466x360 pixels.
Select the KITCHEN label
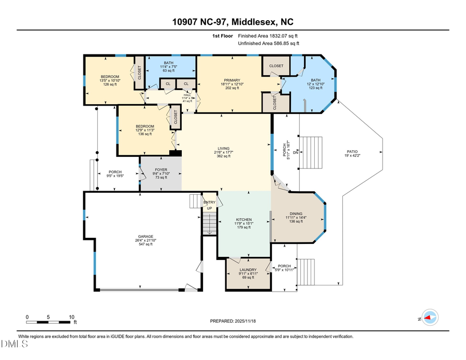(x=243, y=223)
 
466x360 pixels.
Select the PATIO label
(x=352, y=152)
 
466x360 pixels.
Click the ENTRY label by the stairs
(x=209, y=203)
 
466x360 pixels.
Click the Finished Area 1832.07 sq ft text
(x=268, y=36)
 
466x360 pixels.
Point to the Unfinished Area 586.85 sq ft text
(x=268, y=44)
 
